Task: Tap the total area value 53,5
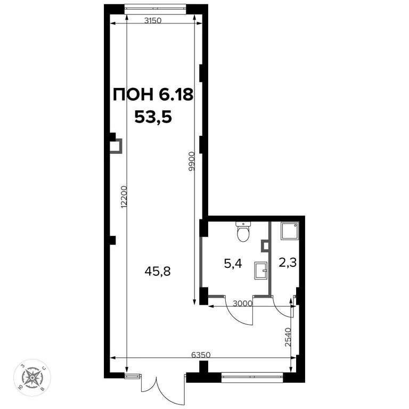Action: (x=153, y=117)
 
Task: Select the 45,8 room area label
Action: (x=158, y=272)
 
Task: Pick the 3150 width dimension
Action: (x=153, y=21)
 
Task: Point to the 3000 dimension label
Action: (x=242, y=304)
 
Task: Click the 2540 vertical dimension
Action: (x=288, y=337)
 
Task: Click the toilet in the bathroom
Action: (x=243, y=232)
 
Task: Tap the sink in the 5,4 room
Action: (x=261, y=270)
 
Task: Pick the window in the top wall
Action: (x=155, y=8)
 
